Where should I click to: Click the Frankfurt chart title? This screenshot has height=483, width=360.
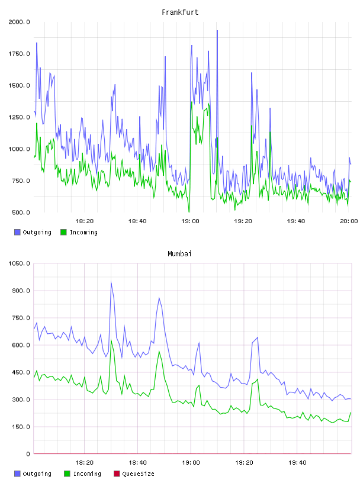coord(180,12)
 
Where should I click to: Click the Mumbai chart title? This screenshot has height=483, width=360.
coord(179,254)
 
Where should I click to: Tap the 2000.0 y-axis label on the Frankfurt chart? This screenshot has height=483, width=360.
coord(19,22)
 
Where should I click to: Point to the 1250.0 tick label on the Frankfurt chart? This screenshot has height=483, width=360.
coord(19,117)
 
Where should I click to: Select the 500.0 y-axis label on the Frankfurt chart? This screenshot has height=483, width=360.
coord(21,212)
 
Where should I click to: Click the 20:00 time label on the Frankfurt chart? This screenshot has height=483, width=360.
coord(349,221)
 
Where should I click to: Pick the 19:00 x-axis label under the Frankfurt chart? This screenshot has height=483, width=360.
coord(190,221)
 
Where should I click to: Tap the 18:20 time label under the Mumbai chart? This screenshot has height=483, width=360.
coord(84,462)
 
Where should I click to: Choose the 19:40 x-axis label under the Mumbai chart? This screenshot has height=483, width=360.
coord(297,462)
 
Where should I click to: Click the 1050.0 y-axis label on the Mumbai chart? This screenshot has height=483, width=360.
coord(19,263)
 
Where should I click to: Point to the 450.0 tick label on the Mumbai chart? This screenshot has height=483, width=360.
coord(21,372)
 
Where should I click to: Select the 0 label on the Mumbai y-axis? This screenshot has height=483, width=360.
coord(28,454)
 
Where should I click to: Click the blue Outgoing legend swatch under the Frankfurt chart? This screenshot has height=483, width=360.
coord(17,232)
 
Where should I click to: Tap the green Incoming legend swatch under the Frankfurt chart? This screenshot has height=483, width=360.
coord(63,232)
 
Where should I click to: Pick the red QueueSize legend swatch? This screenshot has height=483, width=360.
coord(117,474)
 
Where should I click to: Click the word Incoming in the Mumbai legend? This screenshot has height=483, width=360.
coord(87,474)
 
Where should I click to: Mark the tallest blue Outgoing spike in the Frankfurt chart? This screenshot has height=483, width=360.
coord(217,31)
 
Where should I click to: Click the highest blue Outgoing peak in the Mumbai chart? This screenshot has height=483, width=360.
coord(111,282)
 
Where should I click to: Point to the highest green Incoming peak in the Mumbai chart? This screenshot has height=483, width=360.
coord(111,339)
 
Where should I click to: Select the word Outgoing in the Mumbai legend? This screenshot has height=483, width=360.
coord(37,474)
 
